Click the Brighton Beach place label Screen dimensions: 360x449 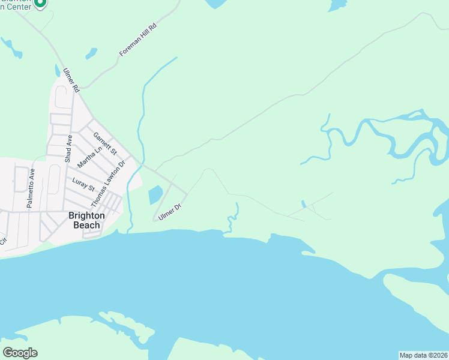pyautogui.click(x=86, y=220)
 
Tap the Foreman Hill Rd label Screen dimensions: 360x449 pyautogui.click(x=138, y=40)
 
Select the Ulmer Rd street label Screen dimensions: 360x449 pyautogui.click(x=71, y=80)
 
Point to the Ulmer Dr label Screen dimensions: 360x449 pyautogui.click(x=170, y=211)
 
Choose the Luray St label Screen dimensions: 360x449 pyautogui.click(x=83, y=185)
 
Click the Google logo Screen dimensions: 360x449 pyautogui.click(x=20, y=353)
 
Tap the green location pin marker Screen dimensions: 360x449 pyautogui.click(x=40, y=4)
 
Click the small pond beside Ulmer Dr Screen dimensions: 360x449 pyautogui.click(x=155, y=194)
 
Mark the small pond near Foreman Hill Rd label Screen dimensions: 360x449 pyautogui.click(x=91, y=53)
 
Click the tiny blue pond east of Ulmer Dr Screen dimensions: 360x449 pyautogui.click(x=303, y=204)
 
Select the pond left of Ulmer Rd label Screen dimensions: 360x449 pyautogui.click(x=58, y=70)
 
